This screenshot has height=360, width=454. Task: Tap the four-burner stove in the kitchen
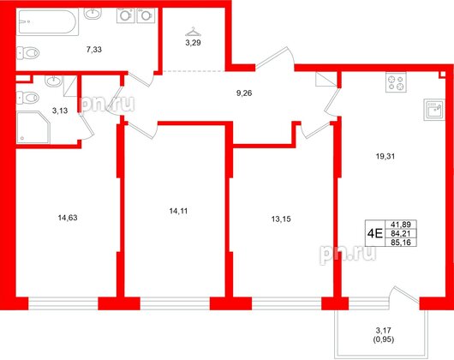point(398,85)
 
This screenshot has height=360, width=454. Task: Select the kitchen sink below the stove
point(433,109)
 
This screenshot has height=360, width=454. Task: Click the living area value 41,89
point(396,220)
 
